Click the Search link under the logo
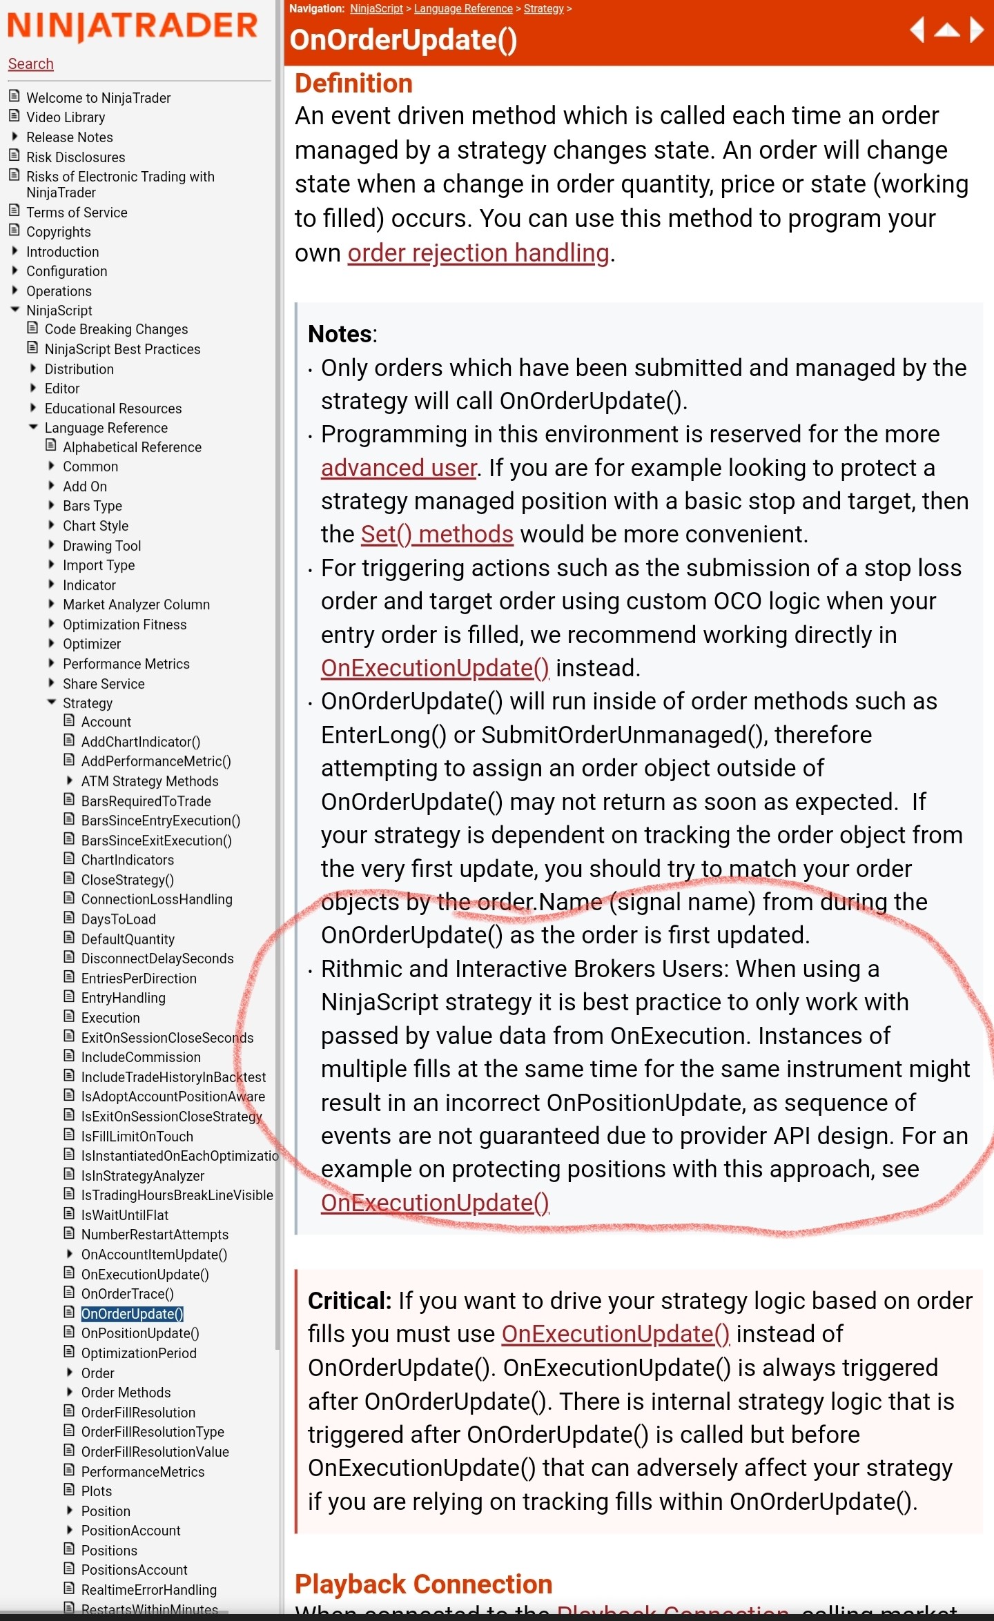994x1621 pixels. click(x=30, y=64)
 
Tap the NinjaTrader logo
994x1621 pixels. click(x=133, y=26)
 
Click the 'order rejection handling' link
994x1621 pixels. click(x=478, y=253)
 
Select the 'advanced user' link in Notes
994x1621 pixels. click(x=398, y=468)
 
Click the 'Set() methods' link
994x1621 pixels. click(x=436, y=534)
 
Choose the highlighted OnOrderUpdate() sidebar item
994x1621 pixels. click(x=132, y=1313)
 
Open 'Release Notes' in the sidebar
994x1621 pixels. click(x=69, y=137)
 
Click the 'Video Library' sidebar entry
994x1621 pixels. click(x=66, y=117)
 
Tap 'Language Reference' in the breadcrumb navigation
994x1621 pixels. click(x=462, y=9)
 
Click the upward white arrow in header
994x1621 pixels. click(x=946, y=30)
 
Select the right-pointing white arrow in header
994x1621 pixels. click(x=976, y=30)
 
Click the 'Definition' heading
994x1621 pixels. click(x=353, y=83)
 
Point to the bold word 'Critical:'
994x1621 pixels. click(x=349, y=1301)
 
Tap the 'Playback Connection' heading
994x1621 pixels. click(x=423, y=1584)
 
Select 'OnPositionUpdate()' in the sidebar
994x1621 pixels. click(x=139, y=1333)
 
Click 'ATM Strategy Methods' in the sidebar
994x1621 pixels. click(x=149, y=781)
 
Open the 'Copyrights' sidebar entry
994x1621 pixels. click(x=58, y=232)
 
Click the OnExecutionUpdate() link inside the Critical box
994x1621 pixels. click(x=615, y=1334)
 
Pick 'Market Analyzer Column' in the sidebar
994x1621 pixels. click(x=136, y=605)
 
